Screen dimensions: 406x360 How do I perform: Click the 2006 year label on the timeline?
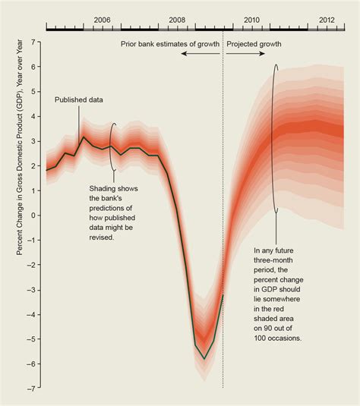[x=102, y=20]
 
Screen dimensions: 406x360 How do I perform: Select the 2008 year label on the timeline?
[x=177, y=20]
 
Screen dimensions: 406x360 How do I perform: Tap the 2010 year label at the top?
[x=251, y=20]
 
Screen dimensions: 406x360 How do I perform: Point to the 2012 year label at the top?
[x=327, y=20]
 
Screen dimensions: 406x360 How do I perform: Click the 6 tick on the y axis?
[x=36, y=66]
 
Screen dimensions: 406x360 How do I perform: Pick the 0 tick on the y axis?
[x=36, y=215]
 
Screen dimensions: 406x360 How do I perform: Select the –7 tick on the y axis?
[x=34, y=389]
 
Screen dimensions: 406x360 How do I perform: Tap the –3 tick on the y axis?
[x=34, y=289]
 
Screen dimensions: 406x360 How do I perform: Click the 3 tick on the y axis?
[x=36, y=140]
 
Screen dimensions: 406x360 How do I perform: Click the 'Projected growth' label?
[x=254, y=44]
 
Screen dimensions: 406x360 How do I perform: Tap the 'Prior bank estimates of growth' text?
[x=170, y=44]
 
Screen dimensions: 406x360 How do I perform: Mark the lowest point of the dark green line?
[x=204, y=358]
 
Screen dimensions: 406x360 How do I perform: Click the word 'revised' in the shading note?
[x=102, y=238]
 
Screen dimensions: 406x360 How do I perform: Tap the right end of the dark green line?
[x=223, y=295]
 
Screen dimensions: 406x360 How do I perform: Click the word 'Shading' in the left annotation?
[x=106, y=188]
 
